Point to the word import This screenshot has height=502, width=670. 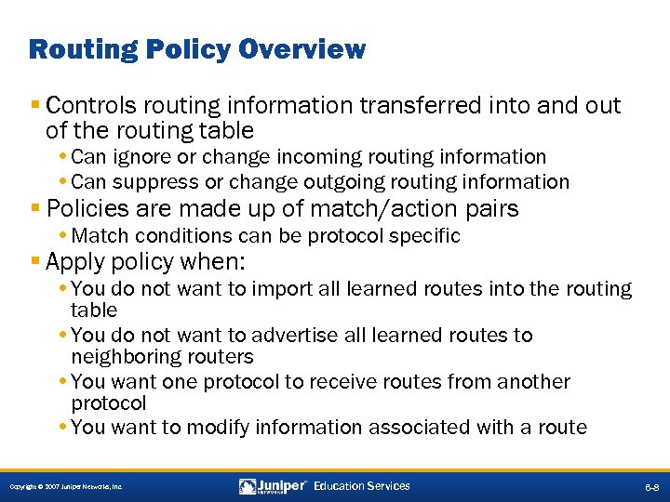[280, 289]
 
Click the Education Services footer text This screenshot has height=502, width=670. [362, 486]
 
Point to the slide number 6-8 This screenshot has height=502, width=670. [650, 487]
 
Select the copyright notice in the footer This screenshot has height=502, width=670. [66, 487]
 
